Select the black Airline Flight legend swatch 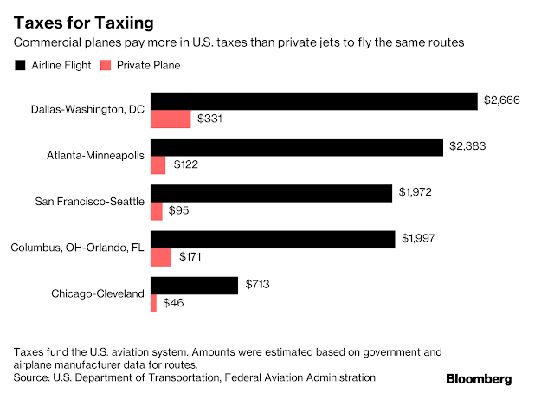20,65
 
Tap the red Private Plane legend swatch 106,65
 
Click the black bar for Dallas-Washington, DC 314,101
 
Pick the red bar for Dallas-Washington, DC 171,119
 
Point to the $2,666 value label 502,101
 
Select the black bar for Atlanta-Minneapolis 297,147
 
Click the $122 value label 189,164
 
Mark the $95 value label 183,210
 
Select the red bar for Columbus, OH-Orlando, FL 161,257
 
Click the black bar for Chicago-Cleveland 194,286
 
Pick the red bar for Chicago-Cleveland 153,303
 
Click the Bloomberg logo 479,378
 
